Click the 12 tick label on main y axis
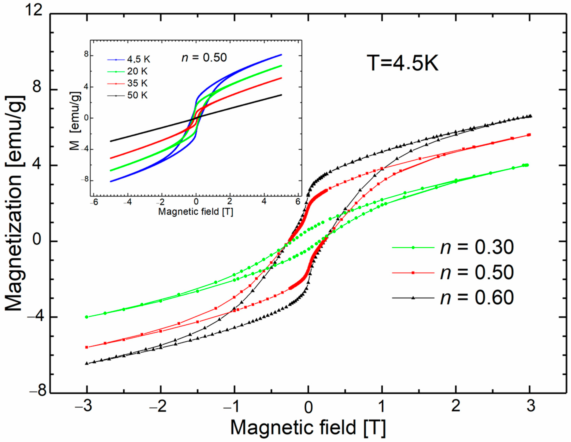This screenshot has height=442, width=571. tap(34, 11)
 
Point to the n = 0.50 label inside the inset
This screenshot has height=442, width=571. tap(204, 58)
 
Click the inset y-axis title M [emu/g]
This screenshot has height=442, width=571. tap(75, 121)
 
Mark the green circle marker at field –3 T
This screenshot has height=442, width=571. tap(86, 317)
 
